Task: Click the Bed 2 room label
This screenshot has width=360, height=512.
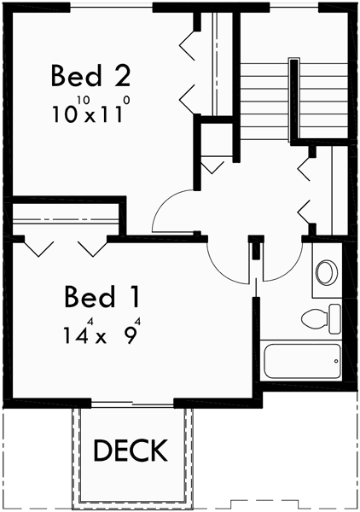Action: pyautogui.click(x=90, y=76)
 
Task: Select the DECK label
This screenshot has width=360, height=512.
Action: pyautogui.click(x=131, y=450)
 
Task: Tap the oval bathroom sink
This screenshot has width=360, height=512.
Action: pyautogui.click(x=326, y=273)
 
